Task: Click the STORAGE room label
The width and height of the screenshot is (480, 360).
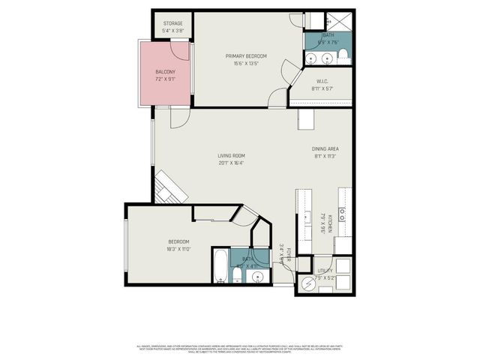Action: point(172,23)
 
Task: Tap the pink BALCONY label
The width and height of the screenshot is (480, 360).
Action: point(166,73)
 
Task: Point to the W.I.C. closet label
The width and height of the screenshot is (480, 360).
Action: point(322,82)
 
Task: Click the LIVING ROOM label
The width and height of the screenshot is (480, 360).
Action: point(232,156)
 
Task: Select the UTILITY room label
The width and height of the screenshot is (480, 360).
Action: point(325,270)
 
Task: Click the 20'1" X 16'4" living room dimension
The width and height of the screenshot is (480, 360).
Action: point(232,163)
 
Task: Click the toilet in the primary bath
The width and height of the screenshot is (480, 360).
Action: point(343,53)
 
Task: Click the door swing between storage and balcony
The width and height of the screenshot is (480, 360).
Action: point(180,49)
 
